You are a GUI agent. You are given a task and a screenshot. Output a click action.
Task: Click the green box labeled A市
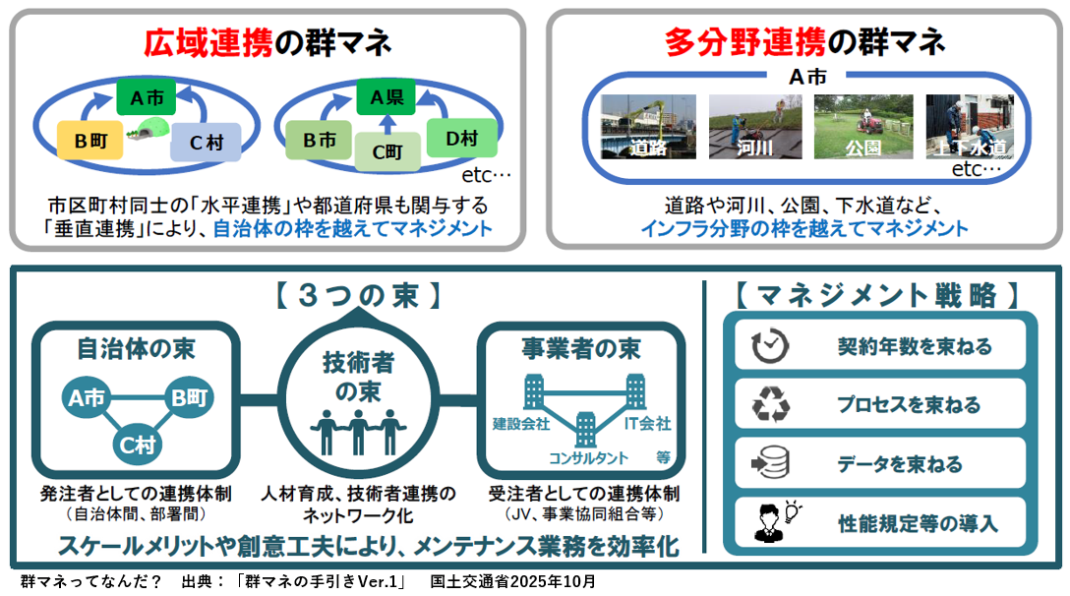(146, 96)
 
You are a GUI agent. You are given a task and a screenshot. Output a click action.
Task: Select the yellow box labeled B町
(89, 140)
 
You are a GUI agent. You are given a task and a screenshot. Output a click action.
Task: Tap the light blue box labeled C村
(206, 143)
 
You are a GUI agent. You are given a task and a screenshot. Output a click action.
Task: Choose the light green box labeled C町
(388, 150)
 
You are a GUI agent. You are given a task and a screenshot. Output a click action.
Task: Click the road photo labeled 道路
(648, 127)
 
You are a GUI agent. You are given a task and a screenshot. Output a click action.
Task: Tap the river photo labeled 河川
(755, 127)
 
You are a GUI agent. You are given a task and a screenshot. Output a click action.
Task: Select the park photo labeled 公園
(862, 127)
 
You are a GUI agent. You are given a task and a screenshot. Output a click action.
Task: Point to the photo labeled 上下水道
(970, 127)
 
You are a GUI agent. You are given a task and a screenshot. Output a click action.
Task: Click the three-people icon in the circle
(358, 430)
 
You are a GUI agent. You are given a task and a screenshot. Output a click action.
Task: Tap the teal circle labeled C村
(138, 445)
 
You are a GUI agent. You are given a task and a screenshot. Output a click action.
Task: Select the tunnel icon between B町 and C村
(150, 128)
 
